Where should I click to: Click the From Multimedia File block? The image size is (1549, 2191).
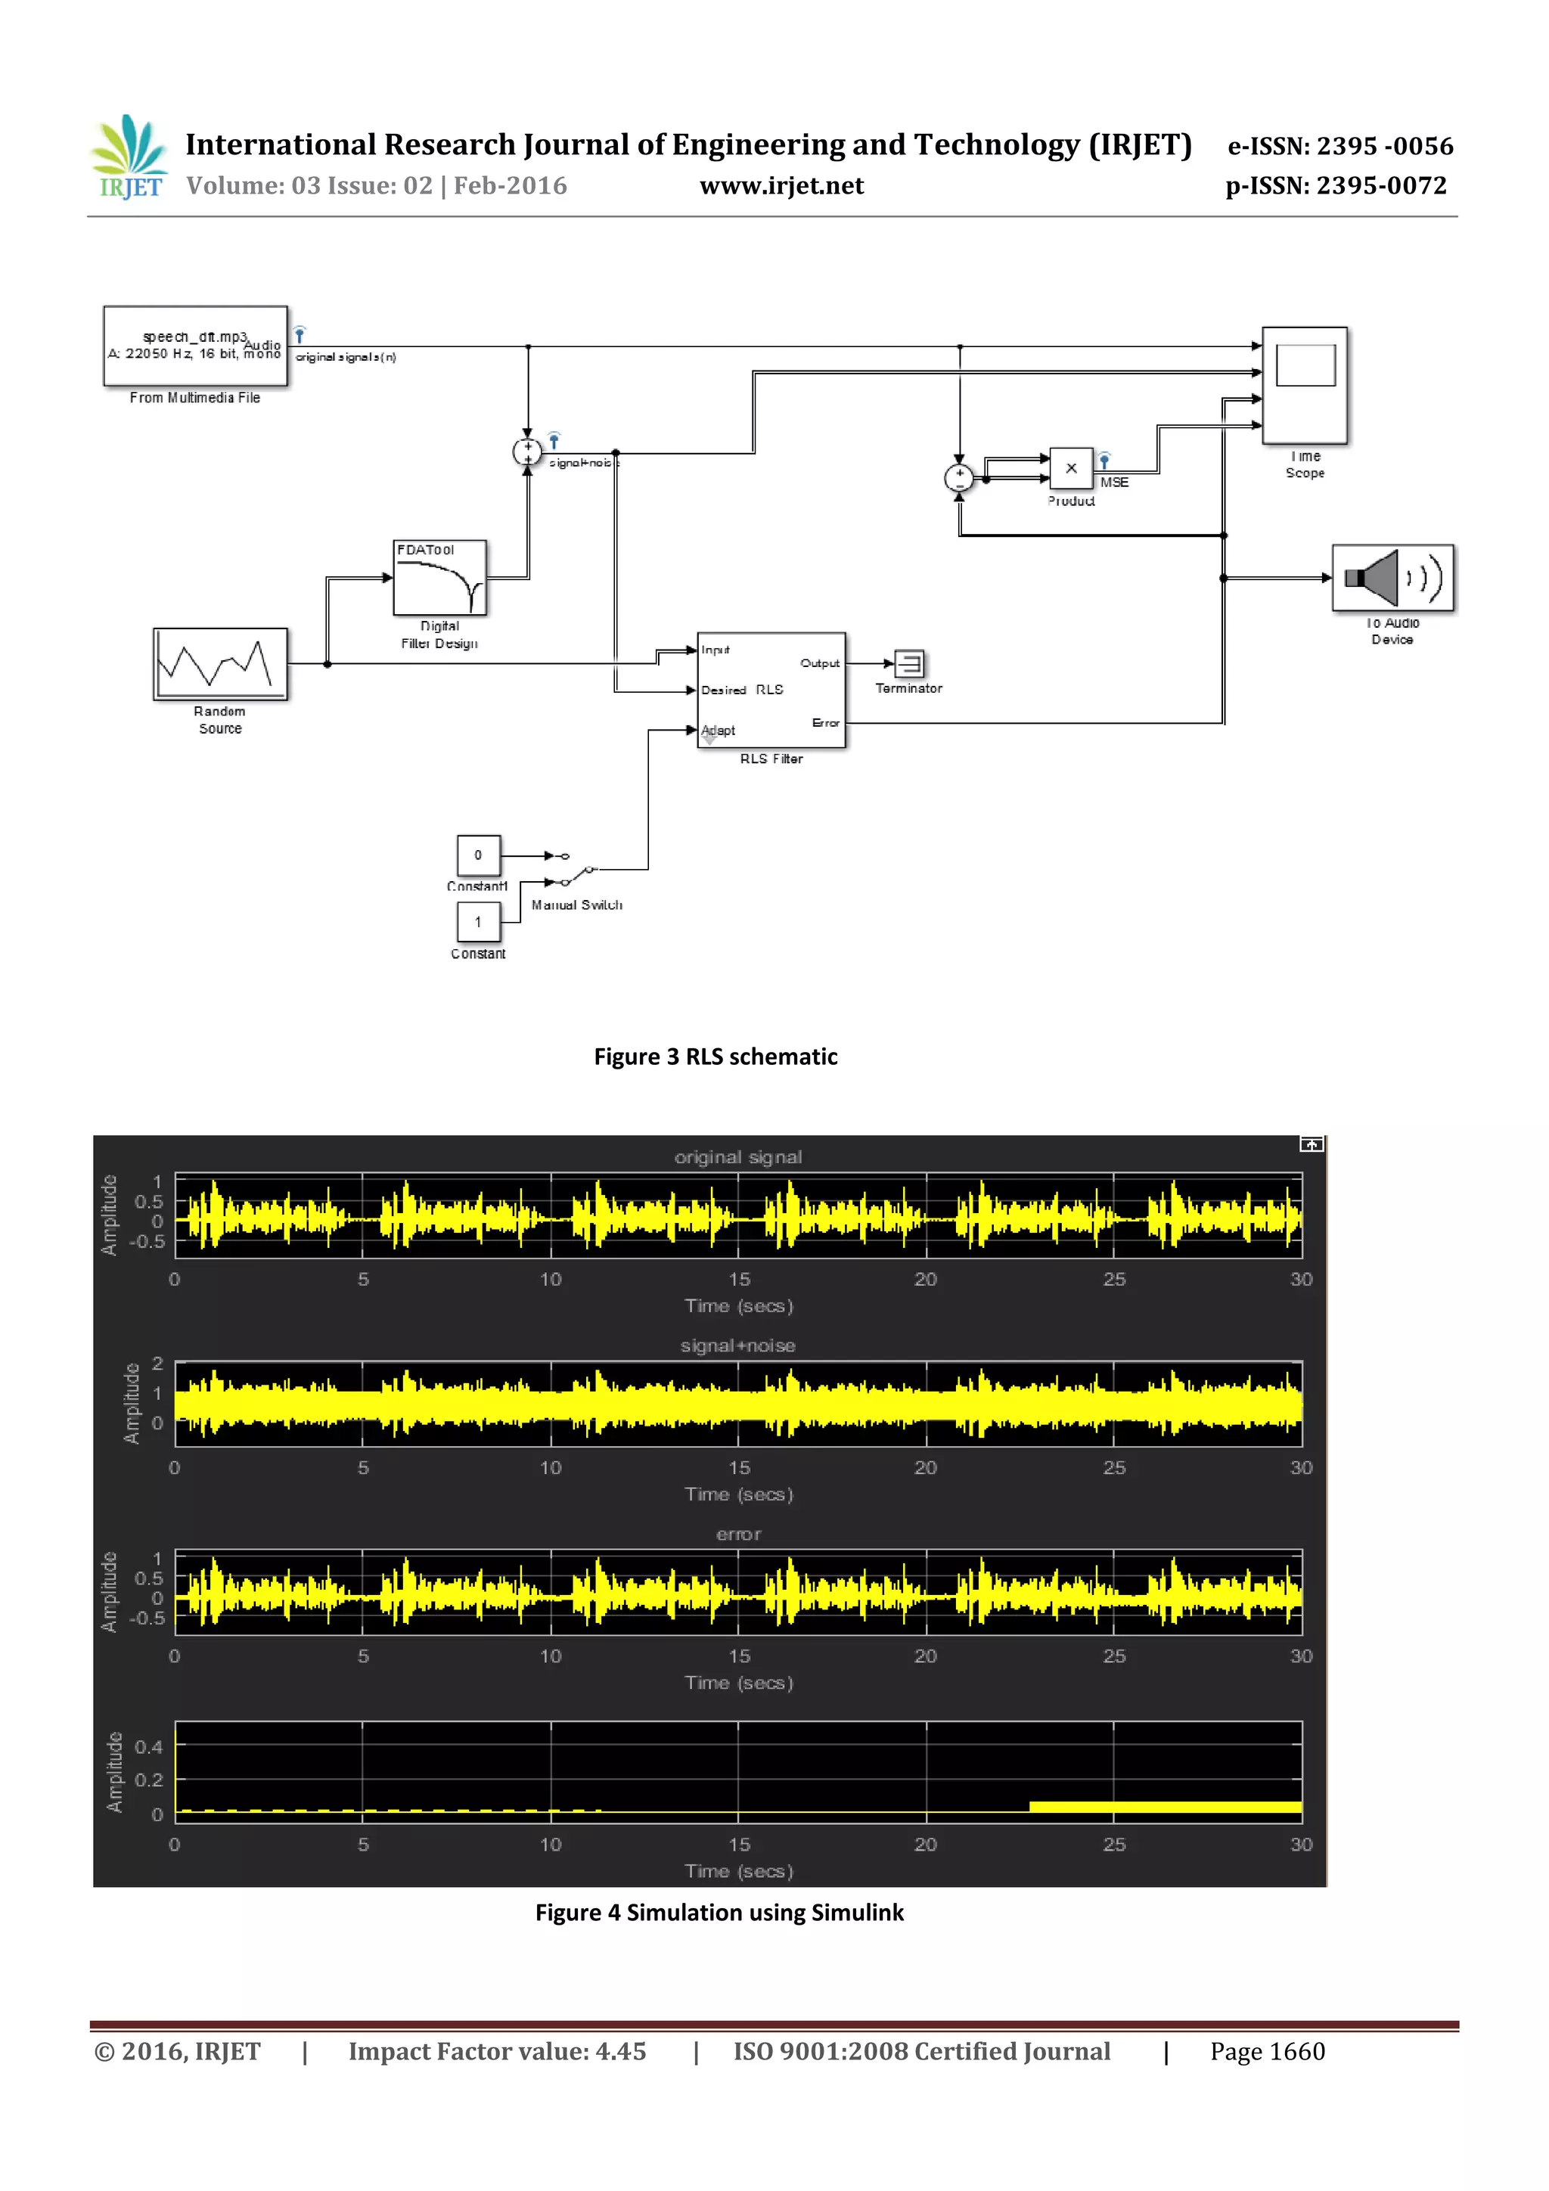tap(196, 346)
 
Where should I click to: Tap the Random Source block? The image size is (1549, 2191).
tap(219, 663)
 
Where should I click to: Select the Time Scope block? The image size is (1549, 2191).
tap(1305, 386)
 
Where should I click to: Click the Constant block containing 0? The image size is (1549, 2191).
tap(478, 855)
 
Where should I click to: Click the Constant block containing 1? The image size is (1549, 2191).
tap(478, 922)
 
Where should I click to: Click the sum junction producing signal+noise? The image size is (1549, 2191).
tap(527, 452)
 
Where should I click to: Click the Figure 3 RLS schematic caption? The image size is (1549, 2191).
tap(715, 1057)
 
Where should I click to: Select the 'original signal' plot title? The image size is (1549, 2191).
tap(737, 1156)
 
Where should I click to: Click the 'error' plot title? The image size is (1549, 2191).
tap(737, 1534)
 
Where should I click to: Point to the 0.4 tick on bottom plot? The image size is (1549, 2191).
tap(149, 1746)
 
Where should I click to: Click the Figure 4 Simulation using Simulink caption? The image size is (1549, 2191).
tap(719, 1913)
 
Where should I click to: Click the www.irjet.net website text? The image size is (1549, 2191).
tap(781, 186)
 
